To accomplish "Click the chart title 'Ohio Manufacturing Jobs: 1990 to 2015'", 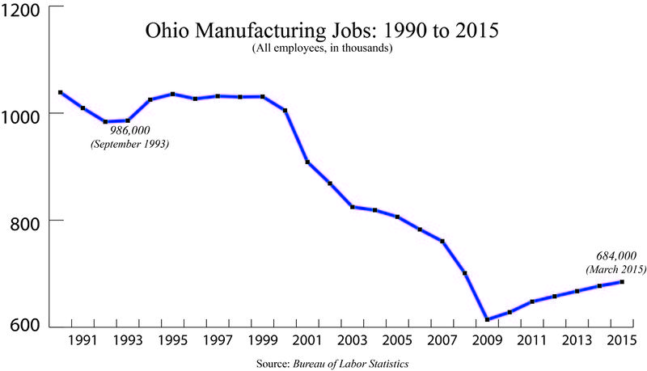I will pyautogui.click(x=321, y=32).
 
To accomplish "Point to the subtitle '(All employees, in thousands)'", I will pyautogui.click(x=321, y=49).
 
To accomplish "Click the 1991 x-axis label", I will pyautogui.click(x=82, y=342).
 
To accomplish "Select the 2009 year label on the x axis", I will pyautogui.click(x=486, y=342).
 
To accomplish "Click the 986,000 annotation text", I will pyautogui.click(x=130, y=130).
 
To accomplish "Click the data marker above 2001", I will pyautogui.click(x=308, y=162).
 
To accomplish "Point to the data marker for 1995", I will pyautogui.click(x=173, y=94).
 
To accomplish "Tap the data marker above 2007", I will pyautogui.click(x=442, y=241).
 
